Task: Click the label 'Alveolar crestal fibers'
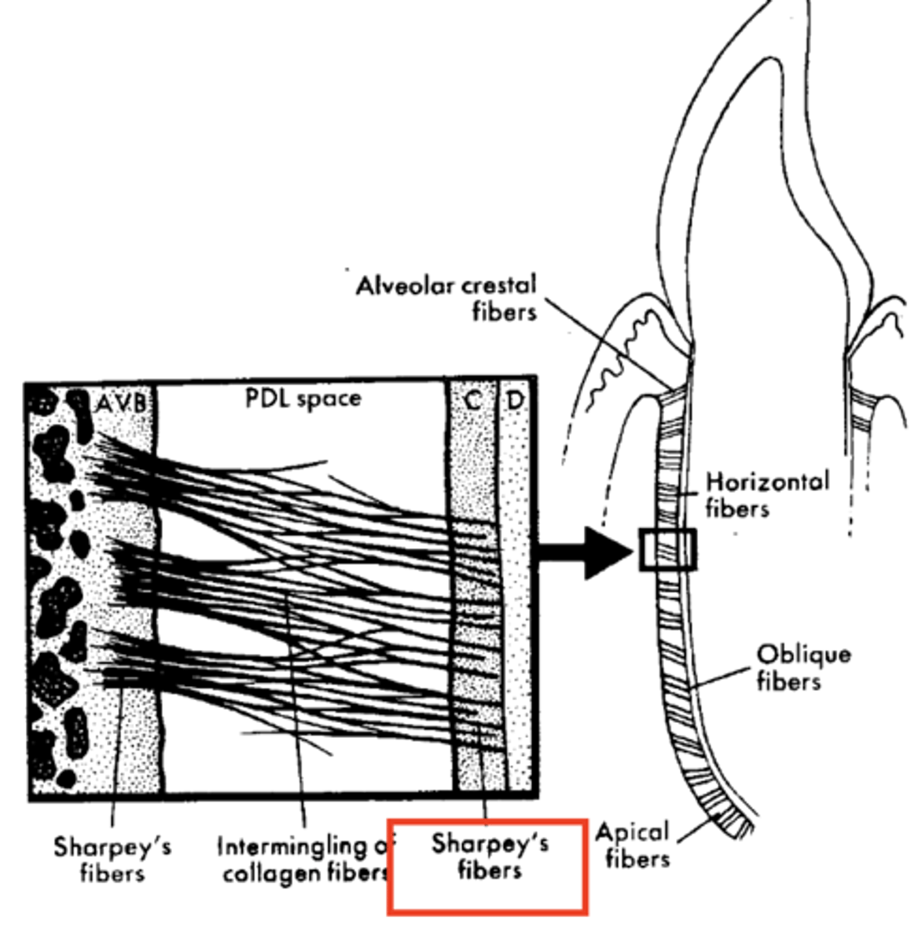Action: pos(446,298)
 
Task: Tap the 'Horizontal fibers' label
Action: pos(766,494)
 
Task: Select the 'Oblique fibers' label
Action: pos(802,667)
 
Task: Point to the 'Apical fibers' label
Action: pos(633,845)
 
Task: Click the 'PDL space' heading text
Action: pos(303,398)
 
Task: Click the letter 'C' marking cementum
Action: pos(472,400)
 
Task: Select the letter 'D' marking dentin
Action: pos(514,400)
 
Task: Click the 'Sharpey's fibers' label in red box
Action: pos(490,857)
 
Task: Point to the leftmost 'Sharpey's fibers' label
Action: pos(112,859)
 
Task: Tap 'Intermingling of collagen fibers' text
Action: pos(305,860)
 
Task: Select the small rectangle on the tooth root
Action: pos(667,549)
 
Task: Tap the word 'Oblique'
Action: pos(802,655)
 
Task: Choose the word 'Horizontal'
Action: pos(766,482)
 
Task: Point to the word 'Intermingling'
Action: pos(292,846)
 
